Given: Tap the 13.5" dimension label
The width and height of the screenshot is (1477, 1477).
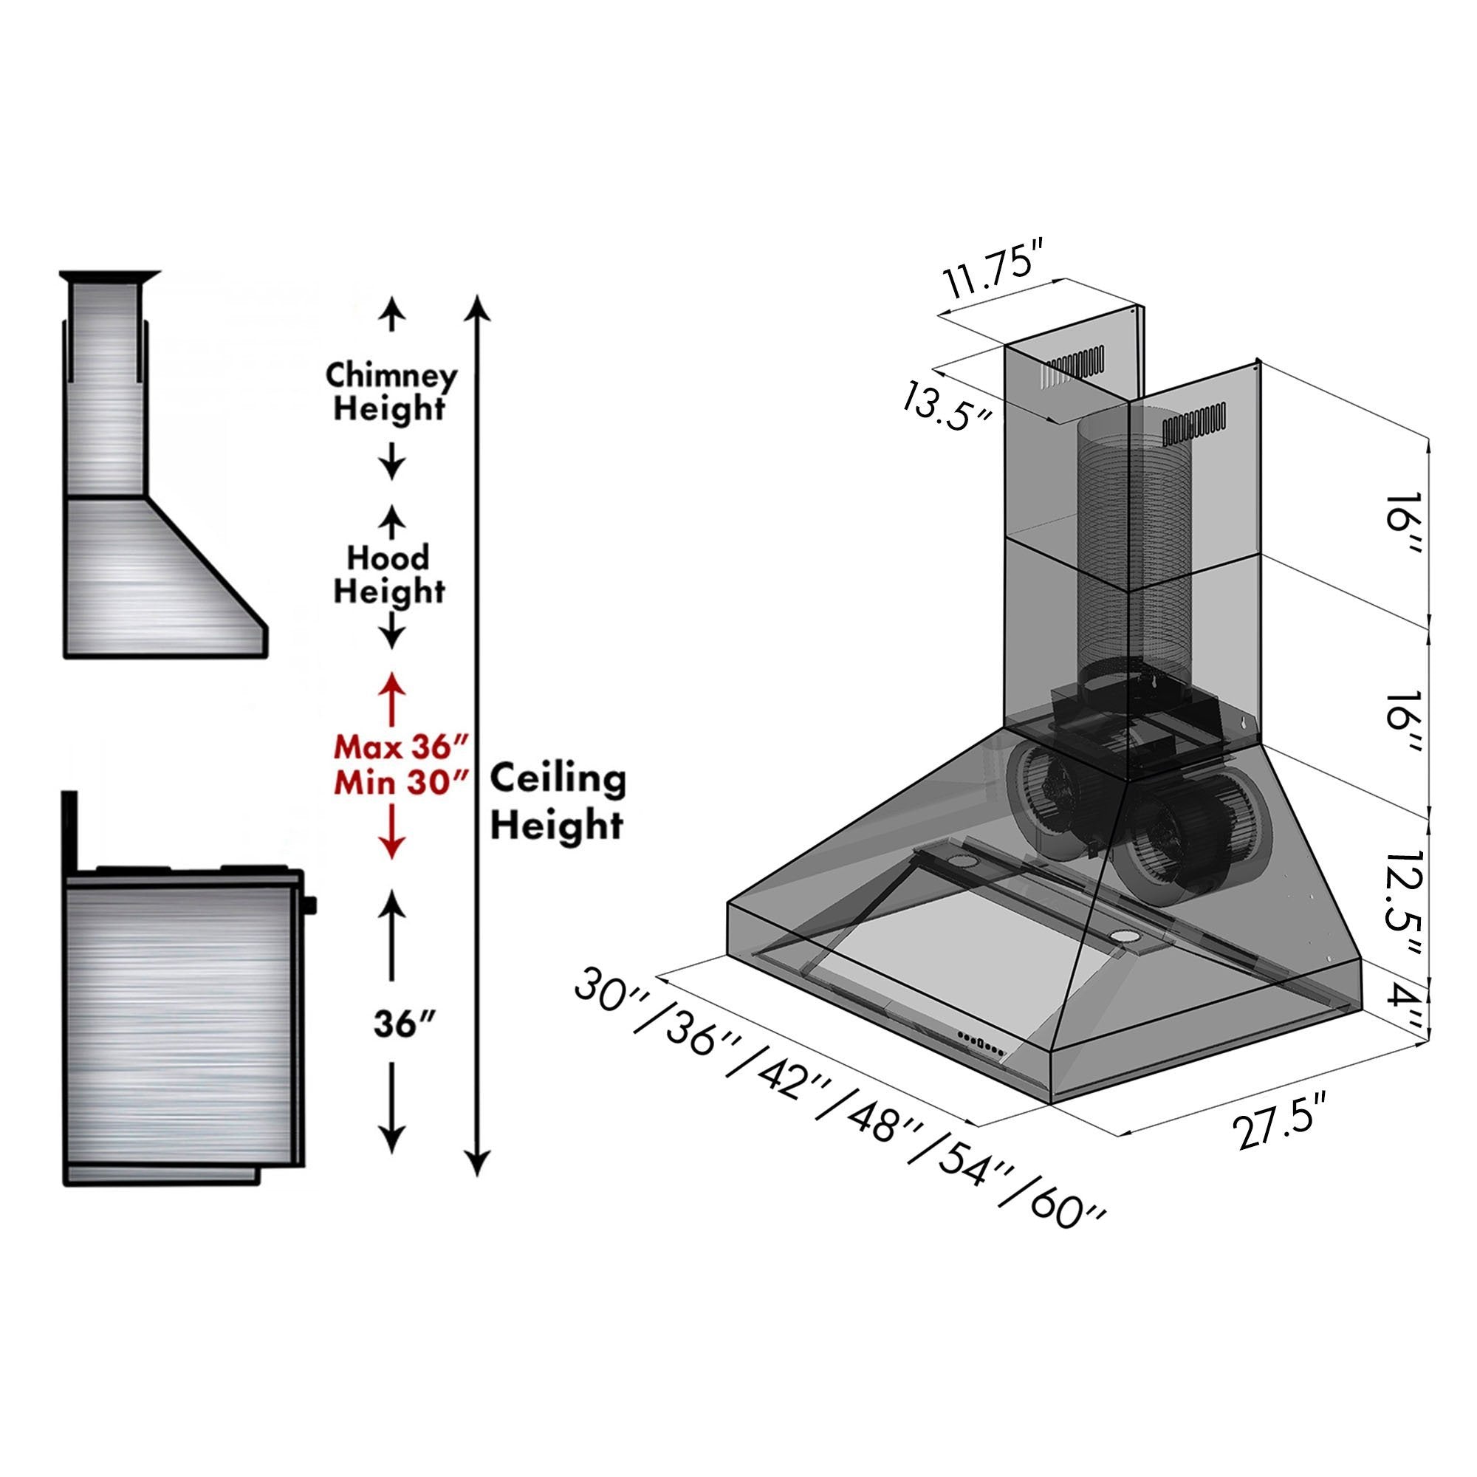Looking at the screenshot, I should point(946,406).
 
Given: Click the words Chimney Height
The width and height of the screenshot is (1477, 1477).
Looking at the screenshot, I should point(391,391).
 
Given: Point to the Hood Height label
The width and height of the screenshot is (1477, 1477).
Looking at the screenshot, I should point(390,574).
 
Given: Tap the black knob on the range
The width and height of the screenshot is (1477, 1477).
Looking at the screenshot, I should point(309,905).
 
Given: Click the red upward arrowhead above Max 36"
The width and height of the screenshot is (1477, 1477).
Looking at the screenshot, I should point(392,682).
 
